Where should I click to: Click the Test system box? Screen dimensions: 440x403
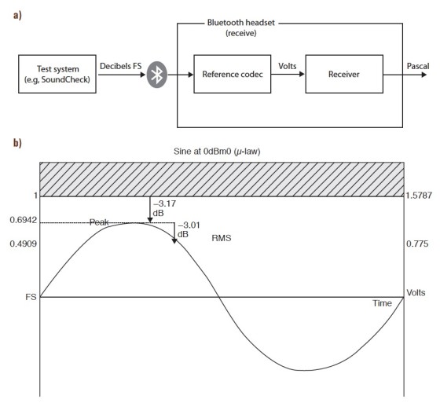tap(57, 74)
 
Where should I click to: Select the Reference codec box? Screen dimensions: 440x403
tap(233, 74)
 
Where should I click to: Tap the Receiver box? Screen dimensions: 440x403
tap(344, 74)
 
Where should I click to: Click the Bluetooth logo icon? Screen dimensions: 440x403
tap(157, 75)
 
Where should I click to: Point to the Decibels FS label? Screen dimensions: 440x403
tap(121, 66)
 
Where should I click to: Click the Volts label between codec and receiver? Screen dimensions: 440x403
tap(288, 66)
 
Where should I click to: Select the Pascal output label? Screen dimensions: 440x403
tap(418, 66)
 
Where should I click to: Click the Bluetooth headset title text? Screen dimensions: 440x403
tap(241, 27)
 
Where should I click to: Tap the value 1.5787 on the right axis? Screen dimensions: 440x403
tap(419, 196)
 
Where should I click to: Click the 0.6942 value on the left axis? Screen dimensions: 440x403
tap(24, 220)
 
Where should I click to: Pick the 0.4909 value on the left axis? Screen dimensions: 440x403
tap(24, 244)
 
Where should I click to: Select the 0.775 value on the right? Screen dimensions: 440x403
tap(417, 244)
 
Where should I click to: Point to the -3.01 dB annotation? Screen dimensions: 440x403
tap(189, 229)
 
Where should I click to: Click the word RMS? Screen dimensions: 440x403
tap(222, 238)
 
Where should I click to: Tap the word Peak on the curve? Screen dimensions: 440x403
tap(99, 222)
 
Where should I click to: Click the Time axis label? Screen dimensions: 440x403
tap(382, 303)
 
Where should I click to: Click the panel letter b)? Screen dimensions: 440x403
tap(17, 142)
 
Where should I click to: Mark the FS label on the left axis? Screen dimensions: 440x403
tap(31, 297)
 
